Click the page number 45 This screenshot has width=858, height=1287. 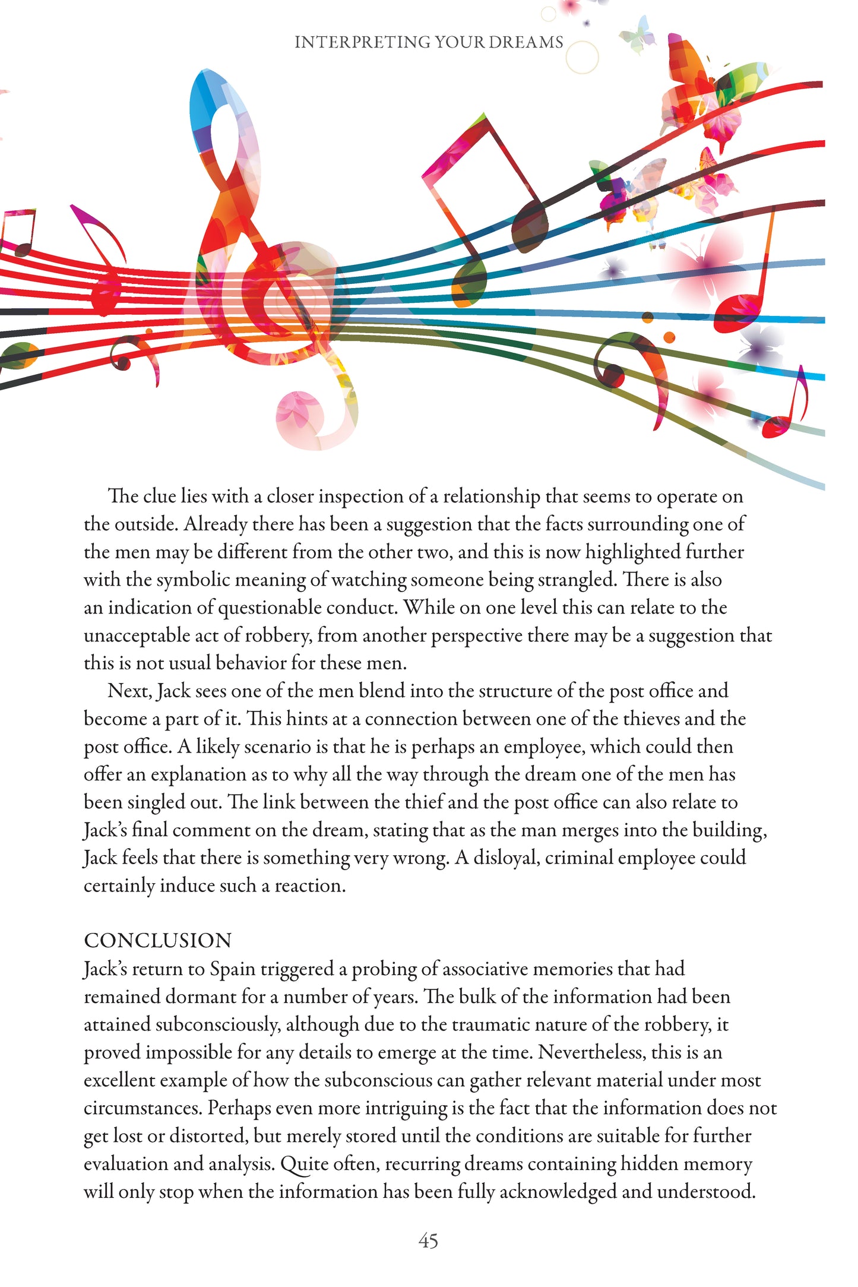(428, 1241)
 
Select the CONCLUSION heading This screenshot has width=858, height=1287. (158, 940)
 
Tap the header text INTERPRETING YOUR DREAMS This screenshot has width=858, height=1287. (429, 42)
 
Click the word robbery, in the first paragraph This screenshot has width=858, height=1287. (278, 635)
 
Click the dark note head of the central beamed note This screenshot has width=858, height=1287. (529, 226)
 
